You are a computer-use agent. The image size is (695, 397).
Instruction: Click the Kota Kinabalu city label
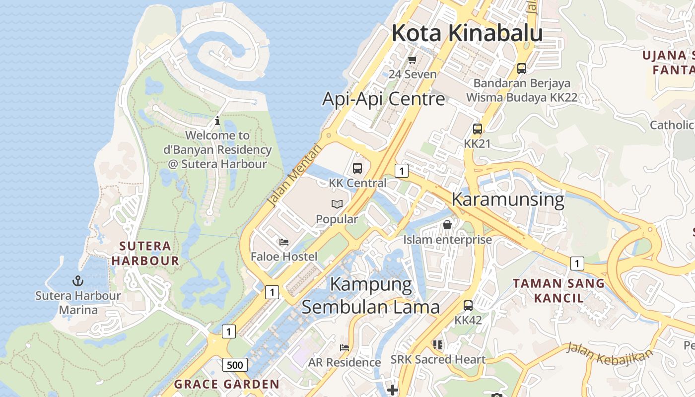tap(467, 33)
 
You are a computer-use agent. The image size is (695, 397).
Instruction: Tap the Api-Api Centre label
tap(384, 99)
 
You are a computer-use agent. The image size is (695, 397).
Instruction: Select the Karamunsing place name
tap(507, 199)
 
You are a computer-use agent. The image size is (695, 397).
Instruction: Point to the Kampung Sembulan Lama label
tap(371, 296)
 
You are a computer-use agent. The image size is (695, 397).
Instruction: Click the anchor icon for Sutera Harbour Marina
tap(77, 281)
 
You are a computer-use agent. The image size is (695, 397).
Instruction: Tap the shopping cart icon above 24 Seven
tap(412, 60)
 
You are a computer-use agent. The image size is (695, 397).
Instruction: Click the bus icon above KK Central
tap(357, 168)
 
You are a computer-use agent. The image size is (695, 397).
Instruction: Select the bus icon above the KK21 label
tap(477, 129)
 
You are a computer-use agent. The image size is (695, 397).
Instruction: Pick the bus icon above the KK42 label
tap(468, 306)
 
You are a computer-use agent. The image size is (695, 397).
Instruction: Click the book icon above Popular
tap(337, 204)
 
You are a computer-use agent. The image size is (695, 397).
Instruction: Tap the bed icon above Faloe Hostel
tap(284, 242)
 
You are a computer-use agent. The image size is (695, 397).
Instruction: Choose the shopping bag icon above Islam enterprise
tap(447, 225)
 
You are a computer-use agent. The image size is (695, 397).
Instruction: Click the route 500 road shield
tap(235, 365)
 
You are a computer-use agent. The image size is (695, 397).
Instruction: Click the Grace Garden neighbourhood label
tap(227, 384)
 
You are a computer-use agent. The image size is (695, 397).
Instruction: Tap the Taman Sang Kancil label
tap(558, 291)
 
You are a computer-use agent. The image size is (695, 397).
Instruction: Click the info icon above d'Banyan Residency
tap(217, 121)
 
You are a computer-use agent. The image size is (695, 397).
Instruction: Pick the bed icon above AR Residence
tap(344, 347)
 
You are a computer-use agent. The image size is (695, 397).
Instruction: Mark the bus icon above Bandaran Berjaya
tap(521, 68)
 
